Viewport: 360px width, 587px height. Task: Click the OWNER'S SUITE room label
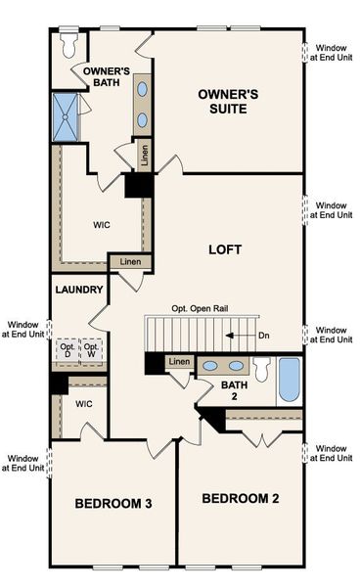[228, 102]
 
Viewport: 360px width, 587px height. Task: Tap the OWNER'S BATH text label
[107, 77]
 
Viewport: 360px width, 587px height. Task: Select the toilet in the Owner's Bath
[68, 45]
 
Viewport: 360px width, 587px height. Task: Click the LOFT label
[225, 248]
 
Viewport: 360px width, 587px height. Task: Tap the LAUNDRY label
[79, 290]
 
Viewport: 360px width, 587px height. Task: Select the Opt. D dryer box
[67, 352]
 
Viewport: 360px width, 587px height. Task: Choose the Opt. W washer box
[92, 352]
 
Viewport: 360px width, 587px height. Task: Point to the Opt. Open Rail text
[209, 308]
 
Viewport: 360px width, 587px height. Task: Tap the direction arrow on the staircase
[235, 335]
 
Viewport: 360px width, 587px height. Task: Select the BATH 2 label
[235, 391]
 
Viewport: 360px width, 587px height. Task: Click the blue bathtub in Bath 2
[290, 380]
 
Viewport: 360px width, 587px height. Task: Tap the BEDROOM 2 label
[241, 499]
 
